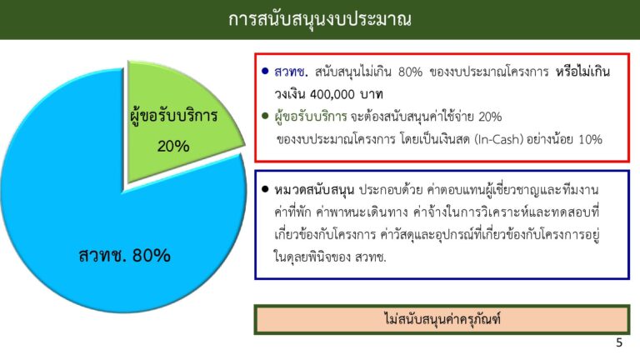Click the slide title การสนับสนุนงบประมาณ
pos(320,19)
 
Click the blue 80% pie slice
pos(122,228)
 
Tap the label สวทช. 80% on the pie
pos(124,256)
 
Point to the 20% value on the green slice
pos(173,146)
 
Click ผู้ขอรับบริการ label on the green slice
pos(173,117)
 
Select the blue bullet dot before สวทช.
pos(265,72)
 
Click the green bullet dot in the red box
pos(265,117)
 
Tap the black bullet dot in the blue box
pos(265,189)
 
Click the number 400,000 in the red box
pos(332,95)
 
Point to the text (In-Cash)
pos(499,140)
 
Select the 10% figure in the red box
pos(590,140)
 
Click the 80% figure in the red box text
pos(410,72)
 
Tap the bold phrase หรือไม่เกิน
pos(582,72)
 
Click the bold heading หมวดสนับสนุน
pos(314,190)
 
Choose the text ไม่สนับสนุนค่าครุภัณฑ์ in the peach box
pos(442,319)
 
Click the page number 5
pos(619,342)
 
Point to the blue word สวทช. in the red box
pos(291,72)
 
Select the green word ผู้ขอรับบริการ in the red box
pos(311,117)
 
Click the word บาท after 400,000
pos(372,95)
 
